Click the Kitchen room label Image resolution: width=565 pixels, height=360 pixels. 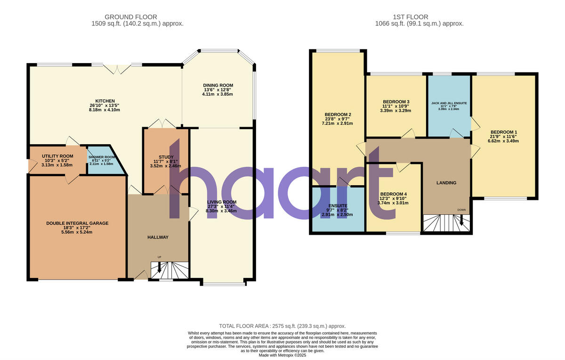click(105, 101)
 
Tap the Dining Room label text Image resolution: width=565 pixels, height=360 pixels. click(218, 85)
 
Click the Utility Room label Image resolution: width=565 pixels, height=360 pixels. click(57, 156)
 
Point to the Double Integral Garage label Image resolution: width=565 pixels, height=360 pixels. click(77, 223)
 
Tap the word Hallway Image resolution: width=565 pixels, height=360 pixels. click(157, 237)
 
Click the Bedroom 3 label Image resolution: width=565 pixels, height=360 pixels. click(396, 102)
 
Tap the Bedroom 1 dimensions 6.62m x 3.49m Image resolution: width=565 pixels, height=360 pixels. click(503, 140)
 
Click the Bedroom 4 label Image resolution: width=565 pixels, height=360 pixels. click(393, 194)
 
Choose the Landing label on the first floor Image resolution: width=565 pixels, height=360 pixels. click(446, 182)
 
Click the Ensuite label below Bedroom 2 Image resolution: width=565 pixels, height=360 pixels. click(338, 205)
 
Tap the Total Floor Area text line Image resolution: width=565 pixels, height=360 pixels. click(282, 326)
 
